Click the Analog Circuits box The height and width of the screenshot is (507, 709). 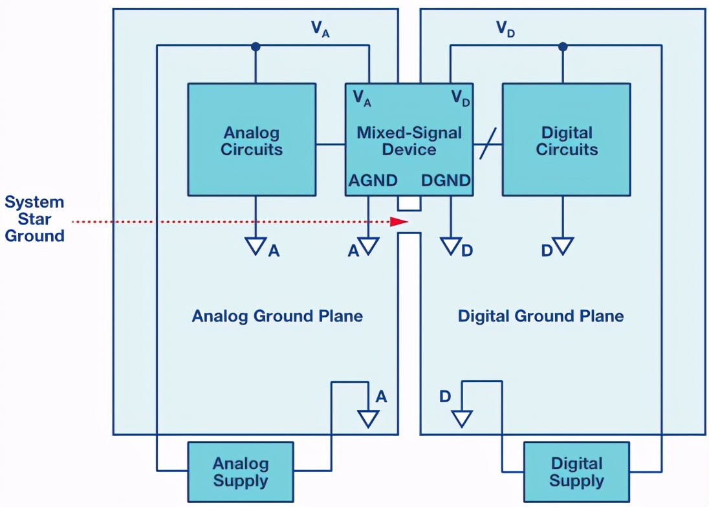[252, 139]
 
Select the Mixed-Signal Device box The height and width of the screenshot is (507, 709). [409, 139]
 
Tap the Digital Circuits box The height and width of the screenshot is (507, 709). [567, 139]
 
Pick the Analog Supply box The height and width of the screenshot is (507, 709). [241, 471]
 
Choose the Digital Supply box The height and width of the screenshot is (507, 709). [576, 471]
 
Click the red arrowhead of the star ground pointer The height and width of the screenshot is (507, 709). [399, 221]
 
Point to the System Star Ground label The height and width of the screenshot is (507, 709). [34, 219]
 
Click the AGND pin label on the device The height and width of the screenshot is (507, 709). [373, 180]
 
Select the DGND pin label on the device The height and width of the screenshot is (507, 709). [446, 180]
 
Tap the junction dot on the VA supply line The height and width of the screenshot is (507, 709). [256, 46]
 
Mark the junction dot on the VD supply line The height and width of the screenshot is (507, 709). [563, 46]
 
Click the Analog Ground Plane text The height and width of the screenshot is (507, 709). [277, 316]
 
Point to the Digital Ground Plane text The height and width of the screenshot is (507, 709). [541, 316]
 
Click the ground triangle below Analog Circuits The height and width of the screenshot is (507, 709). [256, 246]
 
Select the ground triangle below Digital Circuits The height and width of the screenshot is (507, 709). [563, 246]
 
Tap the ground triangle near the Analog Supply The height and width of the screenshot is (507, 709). [368, 418]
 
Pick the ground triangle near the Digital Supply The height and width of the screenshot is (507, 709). [462, 418]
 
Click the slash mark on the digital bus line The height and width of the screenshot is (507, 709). [488, 144]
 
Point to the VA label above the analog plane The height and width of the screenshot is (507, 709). [320, 28]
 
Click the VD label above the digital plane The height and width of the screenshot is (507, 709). [505, 28]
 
